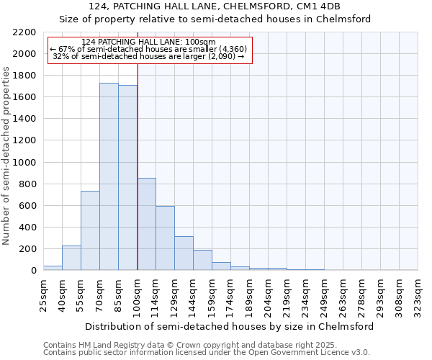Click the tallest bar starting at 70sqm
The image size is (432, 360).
109,176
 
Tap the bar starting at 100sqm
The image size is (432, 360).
146,224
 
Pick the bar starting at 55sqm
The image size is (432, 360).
90,230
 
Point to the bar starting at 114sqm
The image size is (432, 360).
165,238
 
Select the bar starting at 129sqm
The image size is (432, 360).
184,253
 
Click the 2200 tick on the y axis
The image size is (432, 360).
24,32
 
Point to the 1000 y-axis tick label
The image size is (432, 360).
24,163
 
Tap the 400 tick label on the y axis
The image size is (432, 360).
27,228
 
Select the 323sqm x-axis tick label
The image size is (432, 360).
418,294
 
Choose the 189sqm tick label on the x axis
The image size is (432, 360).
249,294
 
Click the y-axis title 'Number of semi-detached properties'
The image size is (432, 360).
6,156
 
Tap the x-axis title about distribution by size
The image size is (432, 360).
229,326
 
